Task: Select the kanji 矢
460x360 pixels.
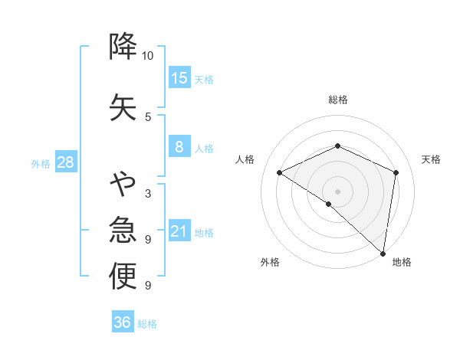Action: [123, 106]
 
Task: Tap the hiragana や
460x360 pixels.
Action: [123, 184]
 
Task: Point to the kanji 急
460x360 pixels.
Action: [123, 230]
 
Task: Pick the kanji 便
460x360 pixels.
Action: [123, 276]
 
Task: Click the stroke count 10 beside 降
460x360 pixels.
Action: [148, 56]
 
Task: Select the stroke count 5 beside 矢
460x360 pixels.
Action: [148, 116]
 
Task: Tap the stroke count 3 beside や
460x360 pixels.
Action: [148, 193]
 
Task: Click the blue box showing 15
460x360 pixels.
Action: [179, 77]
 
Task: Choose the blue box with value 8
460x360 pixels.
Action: [179, 147]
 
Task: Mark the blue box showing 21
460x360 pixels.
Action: [179, 231]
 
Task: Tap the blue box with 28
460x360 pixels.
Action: [65, 162]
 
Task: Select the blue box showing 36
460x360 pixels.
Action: [123, 322]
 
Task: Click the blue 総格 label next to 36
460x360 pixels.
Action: [147, 324]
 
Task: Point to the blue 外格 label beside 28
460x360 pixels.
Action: [41, 163]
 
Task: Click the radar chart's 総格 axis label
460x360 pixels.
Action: [337, 100]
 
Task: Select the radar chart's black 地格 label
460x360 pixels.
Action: [402, 262]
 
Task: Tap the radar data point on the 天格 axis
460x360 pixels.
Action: [396, 172]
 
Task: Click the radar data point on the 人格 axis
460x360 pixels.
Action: [280, 172]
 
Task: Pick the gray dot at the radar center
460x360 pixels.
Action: [337, 191]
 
